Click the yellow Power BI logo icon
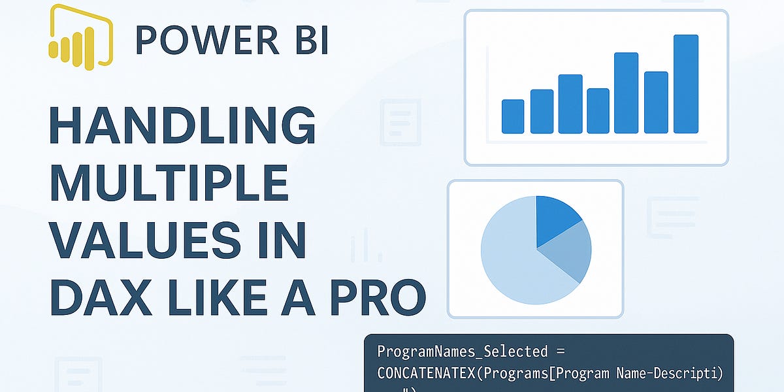(80, 37)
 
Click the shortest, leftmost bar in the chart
(512, 116)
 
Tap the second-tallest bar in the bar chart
(626, 93)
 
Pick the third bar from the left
(570, 104)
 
